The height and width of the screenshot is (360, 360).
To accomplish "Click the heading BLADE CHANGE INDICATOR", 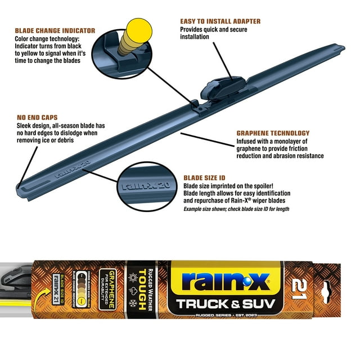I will pyautogui.click(x=55, y=30).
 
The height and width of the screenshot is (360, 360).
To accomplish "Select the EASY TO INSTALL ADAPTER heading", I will pyautogui.click(x=220, y=21).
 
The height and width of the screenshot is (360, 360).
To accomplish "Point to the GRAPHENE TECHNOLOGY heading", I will pyautogui.click(x=273, y=133).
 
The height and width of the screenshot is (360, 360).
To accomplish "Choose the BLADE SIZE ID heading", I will pyautogui.click(x=205, y=177).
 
